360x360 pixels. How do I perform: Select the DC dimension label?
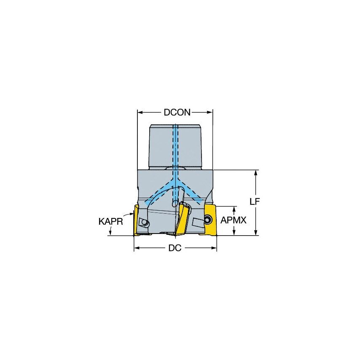pos(175,248)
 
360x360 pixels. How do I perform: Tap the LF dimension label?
pos(254,201)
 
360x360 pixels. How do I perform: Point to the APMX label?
pos(233,220)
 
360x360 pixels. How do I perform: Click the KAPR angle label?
pos(110,221)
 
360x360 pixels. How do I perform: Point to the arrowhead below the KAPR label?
pos(110,233)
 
